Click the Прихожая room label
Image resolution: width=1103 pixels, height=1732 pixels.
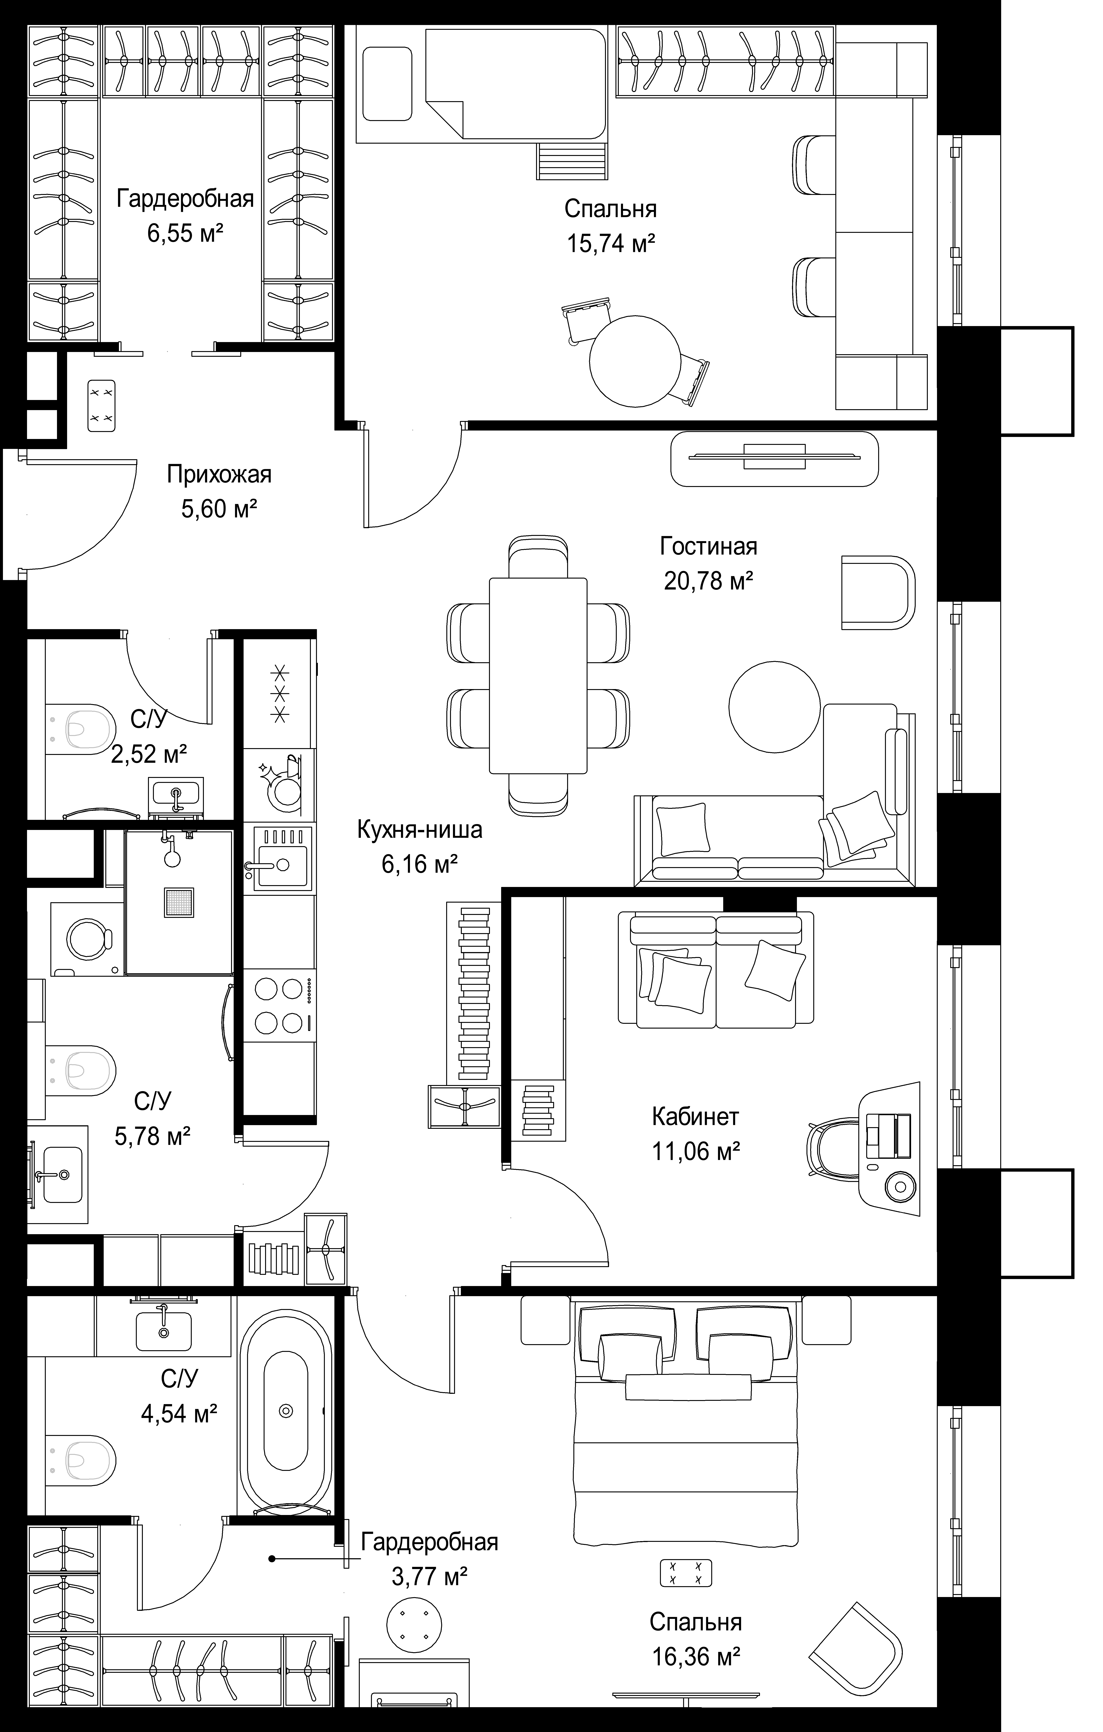pos(219,475)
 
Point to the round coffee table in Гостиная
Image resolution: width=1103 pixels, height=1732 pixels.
pos(774,707)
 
